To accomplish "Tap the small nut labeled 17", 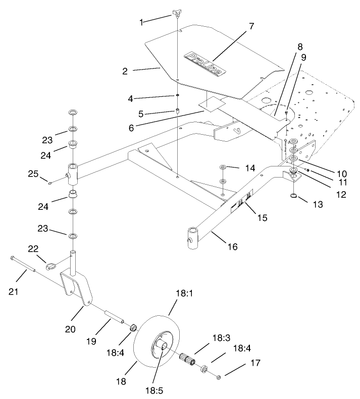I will [218, 376].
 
